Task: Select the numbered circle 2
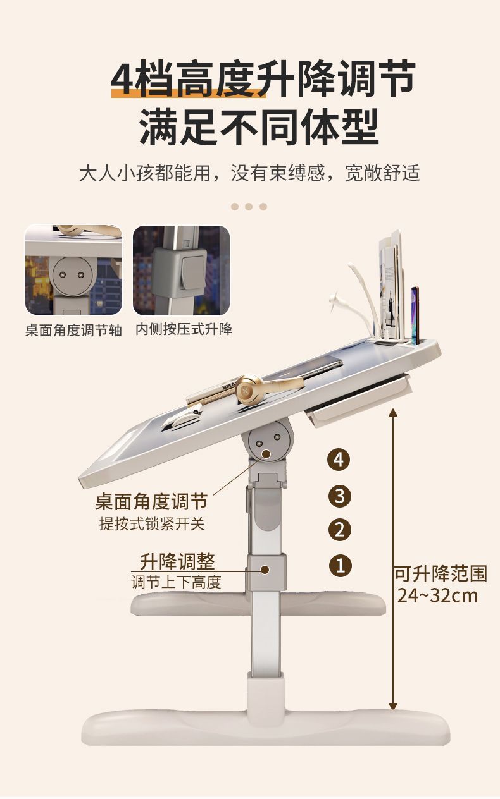339,529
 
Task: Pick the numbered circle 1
339,564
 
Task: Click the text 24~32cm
438,595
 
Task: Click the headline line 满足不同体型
259,127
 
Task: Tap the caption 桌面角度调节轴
73,331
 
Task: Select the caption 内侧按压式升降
184,329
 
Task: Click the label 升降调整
177,561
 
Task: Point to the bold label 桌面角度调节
151,503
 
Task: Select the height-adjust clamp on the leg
266,571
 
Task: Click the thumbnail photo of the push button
181,271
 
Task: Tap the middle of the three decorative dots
249,207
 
